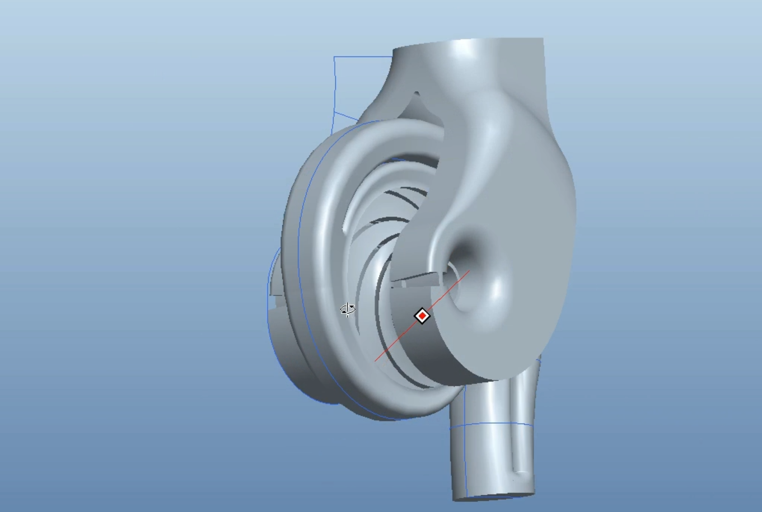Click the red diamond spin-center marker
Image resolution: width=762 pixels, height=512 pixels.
pos(422,316)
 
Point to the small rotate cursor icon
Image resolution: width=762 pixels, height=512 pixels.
pos(348,309)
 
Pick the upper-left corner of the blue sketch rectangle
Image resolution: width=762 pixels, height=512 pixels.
pos(334,57)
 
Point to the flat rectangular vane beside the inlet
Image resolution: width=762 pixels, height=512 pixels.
pos(414,278)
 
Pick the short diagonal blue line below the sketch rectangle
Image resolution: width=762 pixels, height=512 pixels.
pos(346,117)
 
